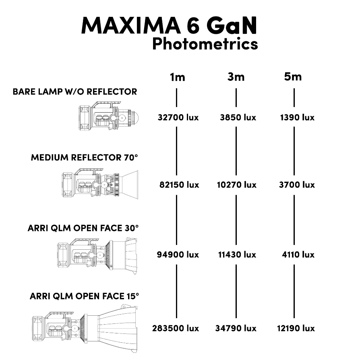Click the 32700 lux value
coord(178,118)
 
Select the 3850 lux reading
coord(238,118)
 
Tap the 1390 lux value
coord(297,118)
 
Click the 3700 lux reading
coord(297,185)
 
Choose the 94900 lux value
coord(178,255)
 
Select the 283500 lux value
coord(176,328)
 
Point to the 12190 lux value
coord(296,328)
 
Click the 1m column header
coord(177,77)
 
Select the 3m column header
coord(236,77)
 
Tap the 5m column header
coord(293,76)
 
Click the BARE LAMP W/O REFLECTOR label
coord(75,91)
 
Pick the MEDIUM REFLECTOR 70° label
coord(85,157)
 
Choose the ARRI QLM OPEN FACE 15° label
coord(84,296)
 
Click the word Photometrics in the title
coord(205,43)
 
